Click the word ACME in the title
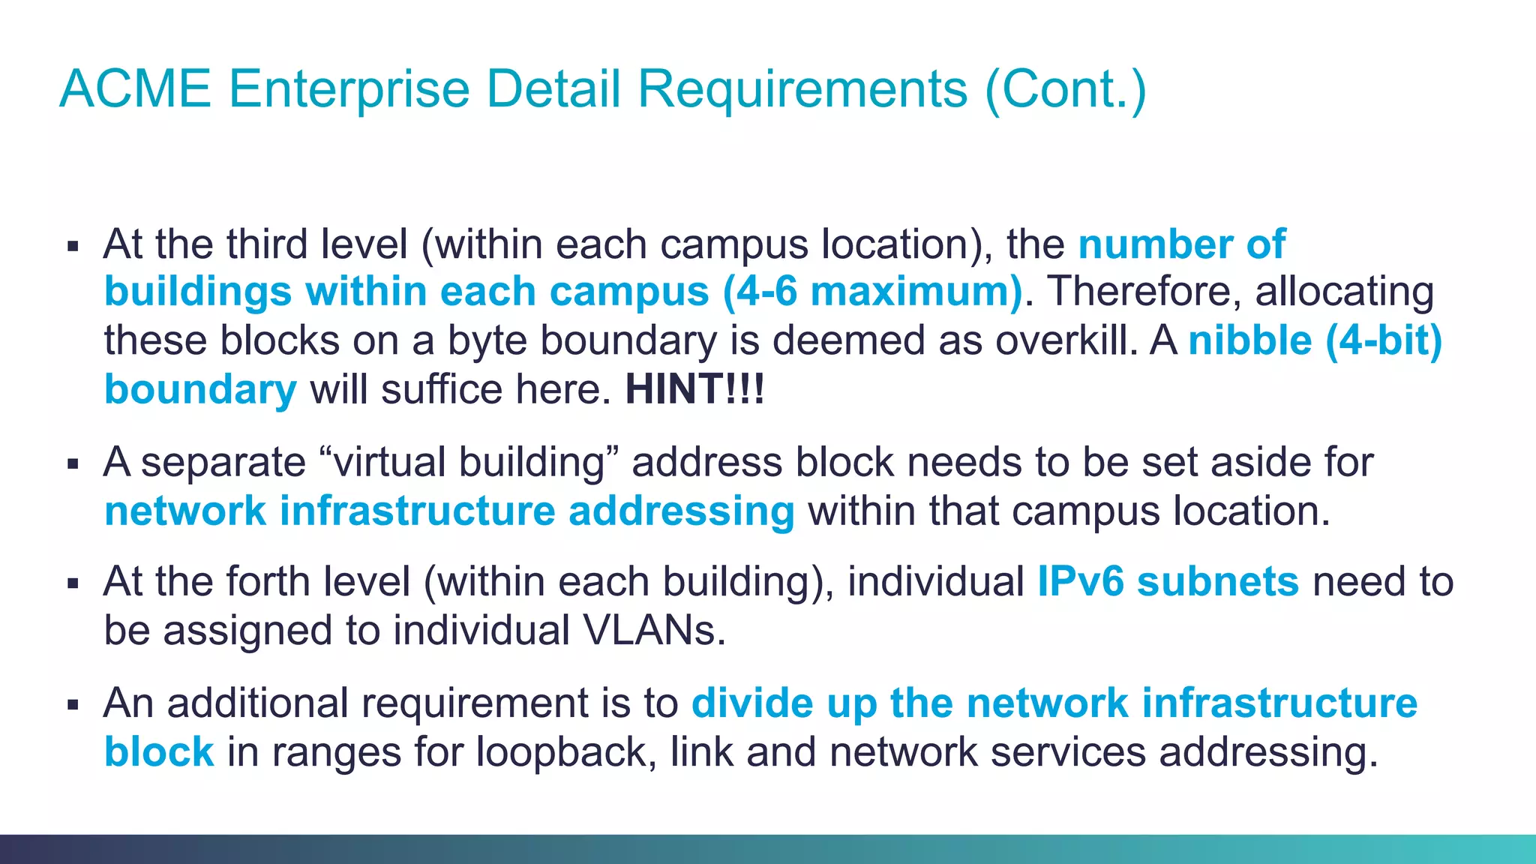click(x=136, y=89)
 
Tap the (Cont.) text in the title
click(x=1066, y=89)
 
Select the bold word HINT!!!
click(x=694, y=389)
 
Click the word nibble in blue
click(x=1249, y=340)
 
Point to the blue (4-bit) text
click(x=1384, y=340)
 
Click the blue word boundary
click(x=200, y=389)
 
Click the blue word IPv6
click(x=1080, y=581)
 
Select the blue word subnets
click(x=1218, y=581)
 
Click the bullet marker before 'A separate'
click(x=73, y=464)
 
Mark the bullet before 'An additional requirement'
click(x=73, y=705)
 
